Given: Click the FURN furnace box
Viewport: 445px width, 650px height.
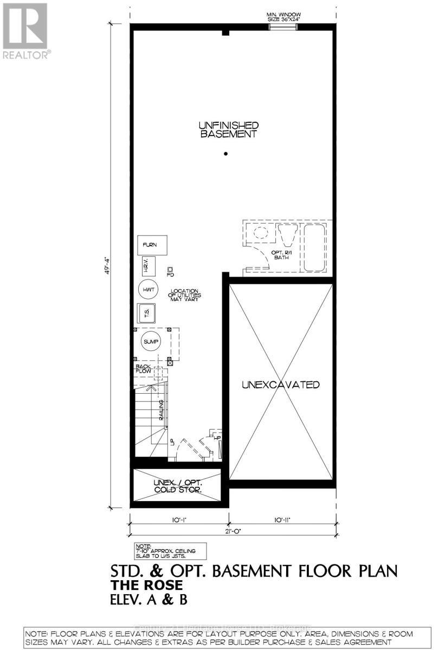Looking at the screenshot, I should pyautogui.click(x=151, y=245).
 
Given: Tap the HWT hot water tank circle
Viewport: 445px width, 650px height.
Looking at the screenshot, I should pyautogui.click(x=147, y=290).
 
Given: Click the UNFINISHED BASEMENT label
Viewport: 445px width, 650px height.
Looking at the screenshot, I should pyautogui.click(x=227, y=129).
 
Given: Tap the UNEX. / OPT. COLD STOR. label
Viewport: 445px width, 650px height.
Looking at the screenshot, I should pyautogui.click(x=177, y=485).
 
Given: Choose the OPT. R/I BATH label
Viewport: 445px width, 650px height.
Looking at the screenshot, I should pyautogui.click(x=280, y=255).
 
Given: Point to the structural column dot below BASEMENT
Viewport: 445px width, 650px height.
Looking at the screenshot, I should pyautogui.click(x=226, y=154).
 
